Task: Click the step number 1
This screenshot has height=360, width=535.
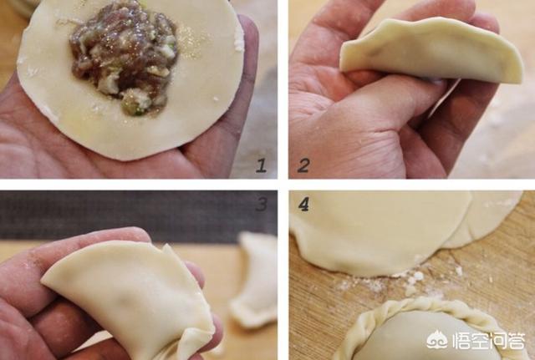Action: coord(262,165)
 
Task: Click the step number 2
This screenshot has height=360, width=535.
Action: coord(303,165)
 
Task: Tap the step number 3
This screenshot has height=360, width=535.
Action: coord(262,205)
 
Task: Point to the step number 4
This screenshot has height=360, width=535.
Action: coord(303,205)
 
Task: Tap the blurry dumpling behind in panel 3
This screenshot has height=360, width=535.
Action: coord(255,280)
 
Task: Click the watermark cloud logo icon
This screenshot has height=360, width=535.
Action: coord(437,340)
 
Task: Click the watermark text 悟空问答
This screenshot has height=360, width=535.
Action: coord(488,340)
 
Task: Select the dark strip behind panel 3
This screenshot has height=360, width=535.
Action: coord(136,215)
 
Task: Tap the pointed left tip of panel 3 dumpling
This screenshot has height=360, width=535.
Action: coord(43,280)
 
